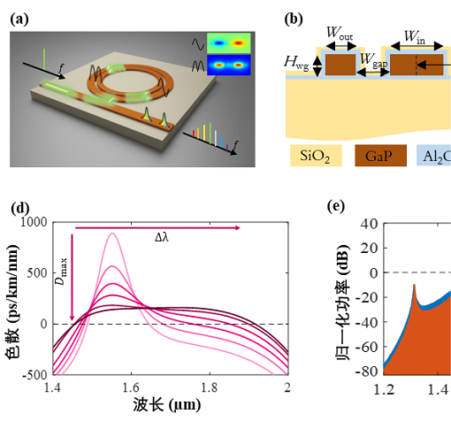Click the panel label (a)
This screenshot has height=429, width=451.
tap(19, 19)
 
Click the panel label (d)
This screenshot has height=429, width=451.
tap(20, 208)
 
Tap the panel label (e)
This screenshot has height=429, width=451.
tap(336, 206)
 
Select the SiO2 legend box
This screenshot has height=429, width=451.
tap(316, 156)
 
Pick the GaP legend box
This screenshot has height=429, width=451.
tap(380, 156)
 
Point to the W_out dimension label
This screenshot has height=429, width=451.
tap(340, 33)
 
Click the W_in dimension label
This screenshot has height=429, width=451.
tap(415, 36)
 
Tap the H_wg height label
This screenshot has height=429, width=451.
tap(296, 63)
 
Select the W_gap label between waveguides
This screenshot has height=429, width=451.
tap(374, 60)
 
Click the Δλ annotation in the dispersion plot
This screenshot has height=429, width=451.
tap(162, 237)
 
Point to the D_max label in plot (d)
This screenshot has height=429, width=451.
tap(62, 272)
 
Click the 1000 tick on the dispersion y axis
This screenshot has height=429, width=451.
tap(34, 222)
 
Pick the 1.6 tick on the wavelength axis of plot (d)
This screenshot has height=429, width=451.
tap(131, 387)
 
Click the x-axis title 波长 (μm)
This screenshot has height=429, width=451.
tap(167, 405)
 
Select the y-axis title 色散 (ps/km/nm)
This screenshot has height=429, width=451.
tap(12, 302)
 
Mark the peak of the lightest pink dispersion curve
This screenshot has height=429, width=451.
tap(112, 234)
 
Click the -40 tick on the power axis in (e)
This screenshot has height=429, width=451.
tap(367, 323)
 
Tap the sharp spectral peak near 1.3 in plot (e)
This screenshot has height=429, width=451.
tap(414, 285)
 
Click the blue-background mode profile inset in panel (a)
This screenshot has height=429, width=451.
tap(229, 65)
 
